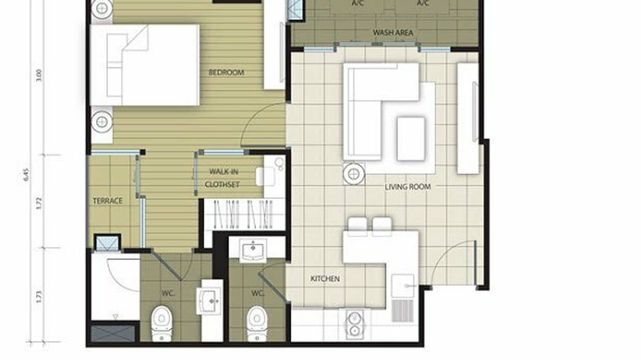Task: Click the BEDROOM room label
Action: coord(226,73)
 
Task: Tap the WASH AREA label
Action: coord(393,33)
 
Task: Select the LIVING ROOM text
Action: coord(407,187)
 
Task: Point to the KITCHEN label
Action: coord(325,278)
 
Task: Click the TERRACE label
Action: coord(107,201)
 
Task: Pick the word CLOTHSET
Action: coord(222,184)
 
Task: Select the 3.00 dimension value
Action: coord(39,75)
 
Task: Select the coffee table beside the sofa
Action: coord(411,138)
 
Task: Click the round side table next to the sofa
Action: coord(354,174)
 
